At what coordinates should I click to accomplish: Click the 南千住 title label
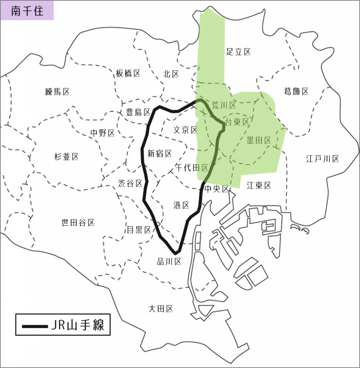(27, 11)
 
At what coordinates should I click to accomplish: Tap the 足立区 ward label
(238, 52)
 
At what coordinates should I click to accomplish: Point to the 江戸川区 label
(322, 158)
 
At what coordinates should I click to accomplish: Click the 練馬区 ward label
(57, 92)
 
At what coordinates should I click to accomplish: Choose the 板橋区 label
(128, 74)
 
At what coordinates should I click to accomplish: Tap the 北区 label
(171, 74)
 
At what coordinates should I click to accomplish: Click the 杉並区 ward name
(66, 157)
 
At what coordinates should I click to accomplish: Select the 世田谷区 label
(78, 223)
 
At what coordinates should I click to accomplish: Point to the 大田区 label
(161, 308)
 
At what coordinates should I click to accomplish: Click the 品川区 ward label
(169, 262)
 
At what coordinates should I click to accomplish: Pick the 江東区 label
(259, 185)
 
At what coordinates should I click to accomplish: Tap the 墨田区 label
(259, 141)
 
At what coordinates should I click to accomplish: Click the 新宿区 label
(160, 154)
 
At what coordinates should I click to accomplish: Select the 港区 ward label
(181, 205)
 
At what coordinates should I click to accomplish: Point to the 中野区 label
(102, 133)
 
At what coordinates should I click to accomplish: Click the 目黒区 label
(139, 230)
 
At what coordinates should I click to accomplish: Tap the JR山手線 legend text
(78, 326)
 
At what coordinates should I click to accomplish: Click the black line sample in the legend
(34, 326)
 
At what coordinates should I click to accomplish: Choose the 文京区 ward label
(185, 130)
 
